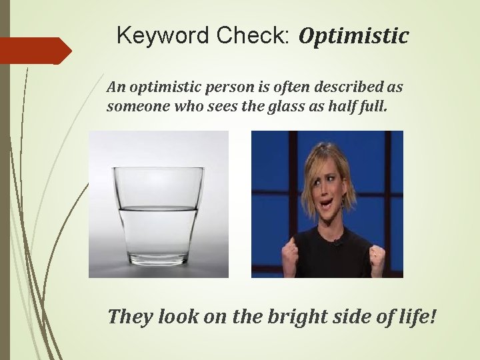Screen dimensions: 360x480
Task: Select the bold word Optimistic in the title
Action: click(x=353, y=36)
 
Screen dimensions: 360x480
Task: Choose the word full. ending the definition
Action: click(x=371, y=106)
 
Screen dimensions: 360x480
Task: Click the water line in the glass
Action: click(x=158, y=209)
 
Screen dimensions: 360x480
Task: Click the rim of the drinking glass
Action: click(x=158, y=169)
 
